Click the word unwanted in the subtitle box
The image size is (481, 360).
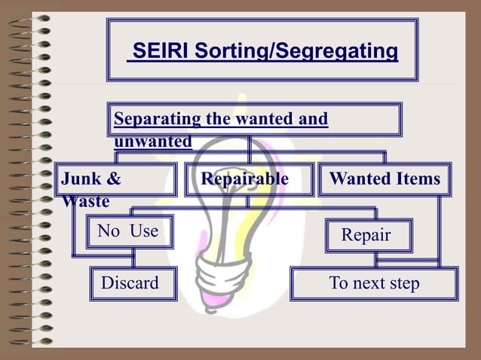[152, 141]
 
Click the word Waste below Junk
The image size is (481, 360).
[85, 202]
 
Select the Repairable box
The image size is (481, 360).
[244, 179]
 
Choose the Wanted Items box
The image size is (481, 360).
[384, 179]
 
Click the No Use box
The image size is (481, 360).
[128, 230]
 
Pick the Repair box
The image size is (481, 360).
[366, 235]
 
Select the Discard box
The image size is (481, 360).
[130, 283]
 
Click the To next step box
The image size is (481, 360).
[374, 283]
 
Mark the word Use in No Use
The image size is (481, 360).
[143, 230]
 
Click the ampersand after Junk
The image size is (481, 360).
[113, 179]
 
